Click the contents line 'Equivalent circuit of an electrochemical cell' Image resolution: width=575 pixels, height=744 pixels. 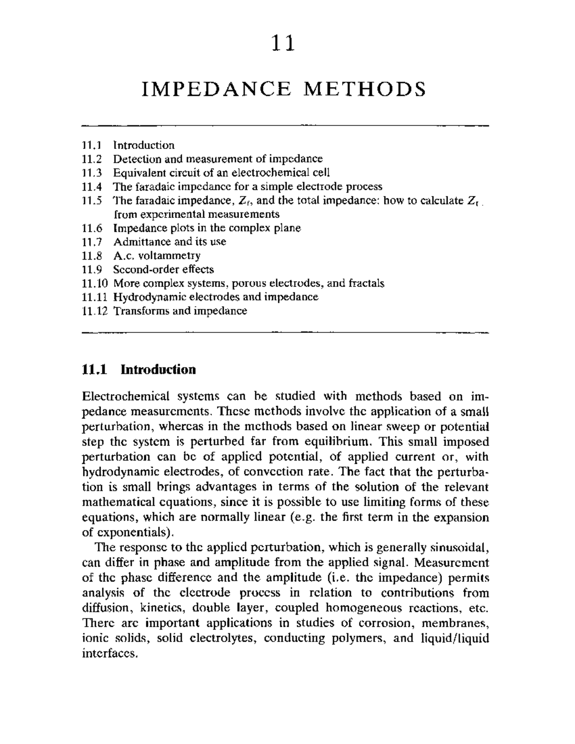click(221, 172)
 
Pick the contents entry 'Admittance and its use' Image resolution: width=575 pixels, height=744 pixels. click(169, 241)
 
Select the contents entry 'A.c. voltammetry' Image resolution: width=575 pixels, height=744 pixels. click(156, 255)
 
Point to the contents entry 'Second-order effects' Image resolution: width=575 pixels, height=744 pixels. click(163, 269)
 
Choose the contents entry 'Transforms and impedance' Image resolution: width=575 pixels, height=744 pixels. click(180, 311)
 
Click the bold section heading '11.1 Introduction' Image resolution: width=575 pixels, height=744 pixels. click(139, 370)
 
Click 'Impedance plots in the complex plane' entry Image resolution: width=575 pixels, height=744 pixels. click(207, 228)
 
